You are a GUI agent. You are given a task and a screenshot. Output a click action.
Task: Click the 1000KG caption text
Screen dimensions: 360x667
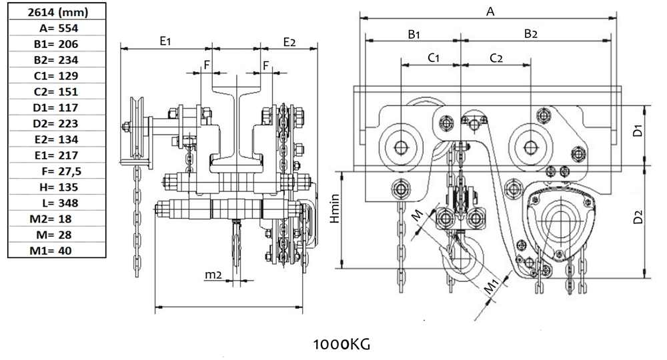click(341, 345)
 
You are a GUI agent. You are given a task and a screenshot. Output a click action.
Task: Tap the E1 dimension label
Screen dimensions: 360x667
click(165, 41)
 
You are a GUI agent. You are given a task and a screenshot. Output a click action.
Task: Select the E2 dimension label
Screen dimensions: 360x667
click(289, 41)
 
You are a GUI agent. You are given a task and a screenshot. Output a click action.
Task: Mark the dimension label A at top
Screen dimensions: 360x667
click(490, 11)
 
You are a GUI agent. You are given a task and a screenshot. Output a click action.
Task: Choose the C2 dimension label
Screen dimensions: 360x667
click(496, 58)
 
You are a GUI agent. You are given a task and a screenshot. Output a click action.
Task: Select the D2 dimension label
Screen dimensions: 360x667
click(639, 217)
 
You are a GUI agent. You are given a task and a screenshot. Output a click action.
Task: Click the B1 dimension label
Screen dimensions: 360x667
click(414, 33)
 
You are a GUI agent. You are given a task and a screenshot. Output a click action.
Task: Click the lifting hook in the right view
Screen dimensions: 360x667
click(460, 263)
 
